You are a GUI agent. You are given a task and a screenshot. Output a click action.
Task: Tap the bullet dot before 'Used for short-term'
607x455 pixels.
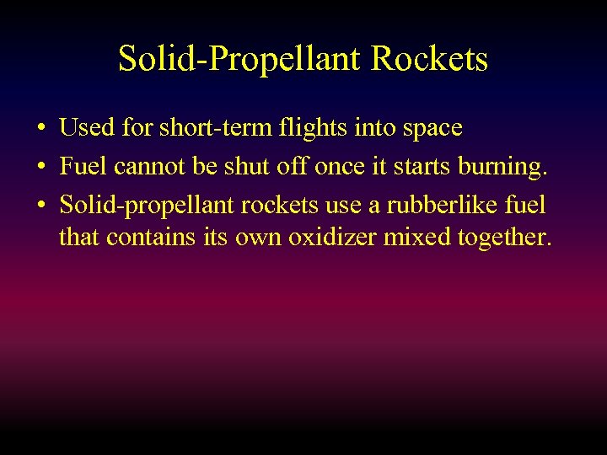click(40, 129)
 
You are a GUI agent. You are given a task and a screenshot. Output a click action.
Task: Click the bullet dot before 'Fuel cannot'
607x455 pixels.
click(40, 167)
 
